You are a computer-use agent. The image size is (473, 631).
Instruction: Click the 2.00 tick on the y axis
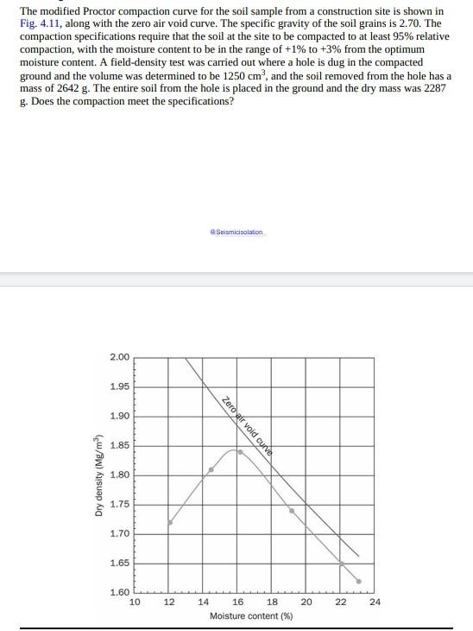(119, 357)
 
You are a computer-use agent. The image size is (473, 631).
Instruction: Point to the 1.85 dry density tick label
(119, 445)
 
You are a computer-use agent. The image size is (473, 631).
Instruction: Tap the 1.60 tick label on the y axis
(119, 592)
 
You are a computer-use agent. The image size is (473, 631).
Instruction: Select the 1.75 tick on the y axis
(119, 504)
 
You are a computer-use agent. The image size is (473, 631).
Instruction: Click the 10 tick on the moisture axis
(135, 602)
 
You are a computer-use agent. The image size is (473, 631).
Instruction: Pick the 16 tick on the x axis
(237, 602)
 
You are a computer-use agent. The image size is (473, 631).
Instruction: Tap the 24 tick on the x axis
(375, 602)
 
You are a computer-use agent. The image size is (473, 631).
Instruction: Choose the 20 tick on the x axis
(306, 602)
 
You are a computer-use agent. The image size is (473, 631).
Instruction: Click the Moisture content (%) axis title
(251, 616)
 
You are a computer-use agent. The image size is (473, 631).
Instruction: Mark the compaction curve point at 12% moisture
(169, 522)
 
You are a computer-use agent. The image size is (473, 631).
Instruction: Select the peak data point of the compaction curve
(240, 451)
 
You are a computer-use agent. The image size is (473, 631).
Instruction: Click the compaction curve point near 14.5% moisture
(211, 469)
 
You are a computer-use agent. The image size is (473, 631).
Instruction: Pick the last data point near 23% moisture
(359, 581)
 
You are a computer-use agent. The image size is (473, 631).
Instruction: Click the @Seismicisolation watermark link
(237, 233)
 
